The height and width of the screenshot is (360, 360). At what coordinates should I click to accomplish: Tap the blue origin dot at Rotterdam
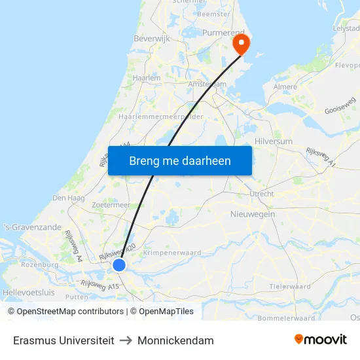tap(119, 264)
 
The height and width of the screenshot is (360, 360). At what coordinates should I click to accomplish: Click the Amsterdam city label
tap(207, 84)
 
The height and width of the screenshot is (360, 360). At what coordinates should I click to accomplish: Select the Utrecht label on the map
tap(261, 194)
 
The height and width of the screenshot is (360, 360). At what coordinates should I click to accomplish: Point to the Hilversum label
tap(272, 141)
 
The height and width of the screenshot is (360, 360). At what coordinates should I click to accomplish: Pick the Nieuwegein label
tap(253, 214)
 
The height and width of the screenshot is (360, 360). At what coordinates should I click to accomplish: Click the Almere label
tap(284, 87)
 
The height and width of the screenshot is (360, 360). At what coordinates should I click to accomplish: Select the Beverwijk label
tap(152, 39)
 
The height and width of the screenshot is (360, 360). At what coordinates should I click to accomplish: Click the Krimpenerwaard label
tap(173, 253)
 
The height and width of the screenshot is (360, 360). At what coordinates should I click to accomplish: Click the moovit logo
tap(321, 340)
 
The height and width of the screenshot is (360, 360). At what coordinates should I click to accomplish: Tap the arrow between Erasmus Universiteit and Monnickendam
tap(126, 340)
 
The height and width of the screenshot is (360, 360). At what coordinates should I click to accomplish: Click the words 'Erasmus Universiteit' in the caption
tap(63, 340)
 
